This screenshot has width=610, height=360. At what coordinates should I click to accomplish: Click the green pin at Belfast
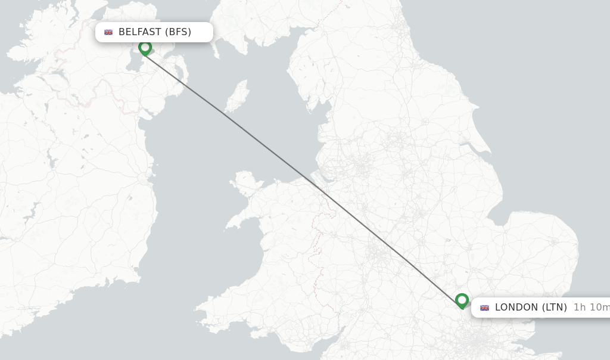pyautogui.click(x=145, y=48)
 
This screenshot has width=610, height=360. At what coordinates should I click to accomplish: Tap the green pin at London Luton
pyautogui.click(x=462, y=300)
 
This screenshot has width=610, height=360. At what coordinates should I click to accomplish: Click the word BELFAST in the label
pyautogui.click(x=140, y=32)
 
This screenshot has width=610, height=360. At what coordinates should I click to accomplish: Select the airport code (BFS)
pyautogui.click(x=178, y=32)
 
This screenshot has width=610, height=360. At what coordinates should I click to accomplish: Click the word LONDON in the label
pyautogui.click(x=516, y=308)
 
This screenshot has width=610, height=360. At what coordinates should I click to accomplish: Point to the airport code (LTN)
pyautogui.click(x=554, y=308)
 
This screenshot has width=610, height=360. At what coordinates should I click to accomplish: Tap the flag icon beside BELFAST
pyautogui.click(x=108, y=32)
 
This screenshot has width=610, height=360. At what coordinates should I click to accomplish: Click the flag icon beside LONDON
pyautogui.click(x=484, y=308)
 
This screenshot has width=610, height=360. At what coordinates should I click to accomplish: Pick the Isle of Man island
pyautogui.click(x=238, y=95)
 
